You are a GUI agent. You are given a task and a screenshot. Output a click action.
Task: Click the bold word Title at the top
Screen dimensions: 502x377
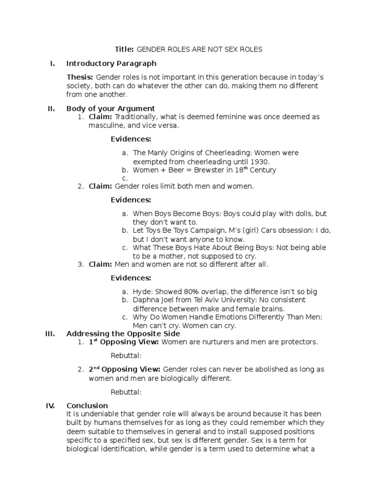click(124, 49)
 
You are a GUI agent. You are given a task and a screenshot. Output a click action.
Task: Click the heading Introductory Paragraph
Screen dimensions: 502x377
click(111, 63)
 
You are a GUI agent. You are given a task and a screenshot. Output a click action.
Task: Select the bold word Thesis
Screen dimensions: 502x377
click(80, 77)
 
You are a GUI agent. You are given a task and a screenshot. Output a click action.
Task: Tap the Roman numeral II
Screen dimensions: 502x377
click(51, 108)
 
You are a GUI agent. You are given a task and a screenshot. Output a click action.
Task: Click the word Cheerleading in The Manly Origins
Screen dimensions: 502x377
click(222, 153)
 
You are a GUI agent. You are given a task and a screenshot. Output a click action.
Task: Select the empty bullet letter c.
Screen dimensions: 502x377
click(125, 178)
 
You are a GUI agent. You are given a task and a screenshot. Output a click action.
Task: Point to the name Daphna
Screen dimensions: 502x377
click(146, 300)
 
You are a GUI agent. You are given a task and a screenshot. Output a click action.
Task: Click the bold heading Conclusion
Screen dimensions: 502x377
click(87, 405)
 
